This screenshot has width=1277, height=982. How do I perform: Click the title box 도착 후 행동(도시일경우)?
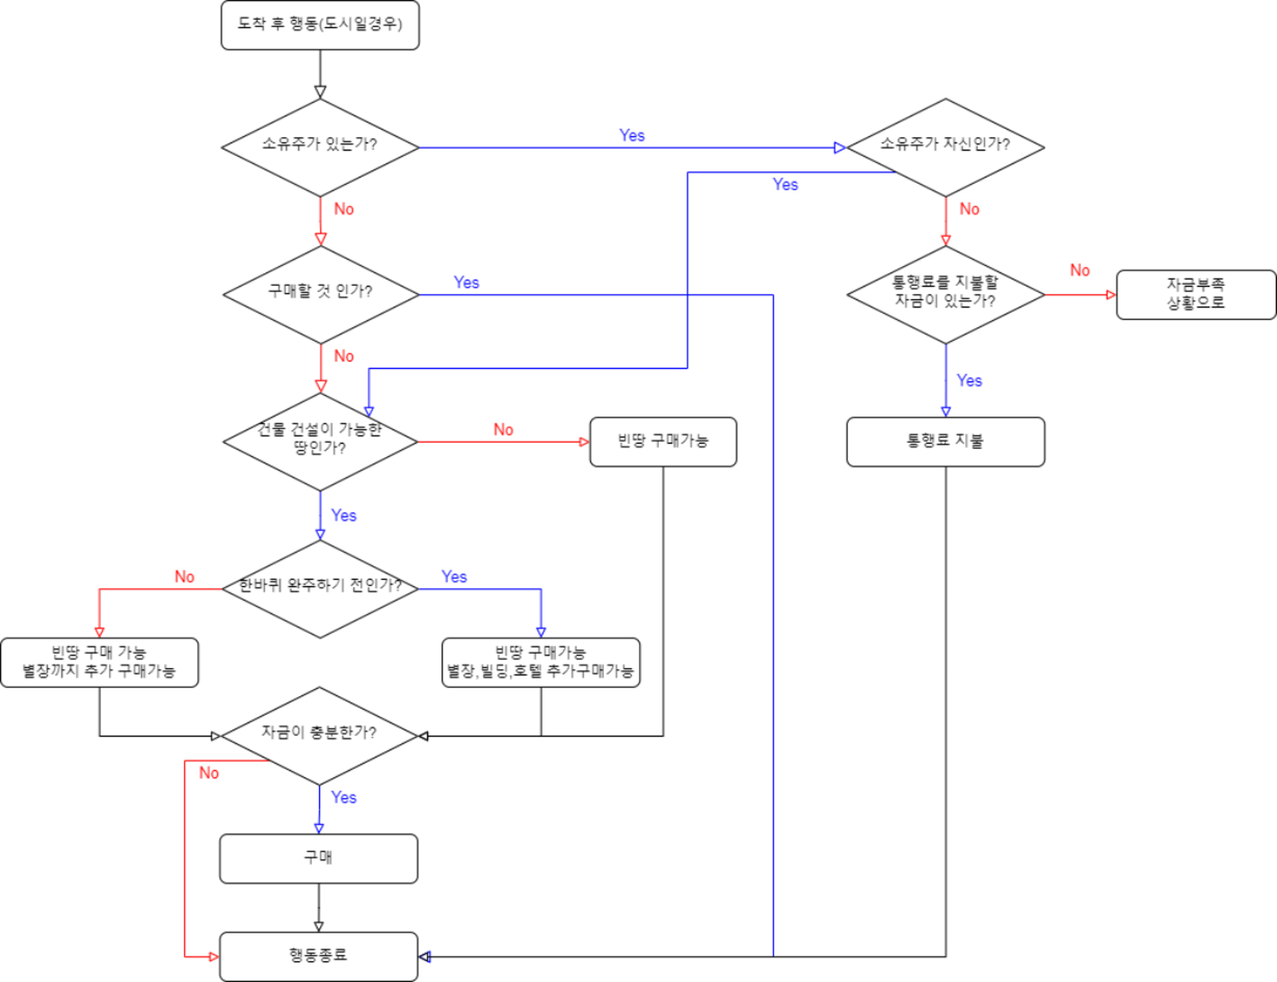tap(320, 25)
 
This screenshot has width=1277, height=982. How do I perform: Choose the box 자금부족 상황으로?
tap(1196, 294)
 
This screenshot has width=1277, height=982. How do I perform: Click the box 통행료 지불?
tap(945, 441)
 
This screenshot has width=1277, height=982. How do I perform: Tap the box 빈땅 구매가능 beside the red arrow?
tap(663, 441)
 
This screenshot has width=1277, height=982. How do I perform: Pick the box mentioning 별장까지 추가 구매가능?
tap(99, 662)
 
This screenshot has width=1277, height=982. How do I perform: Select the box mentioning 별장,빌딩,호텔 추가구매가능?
tap(541, 662)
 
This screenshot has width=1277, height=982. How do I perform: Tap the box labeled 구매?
tap(318, 858)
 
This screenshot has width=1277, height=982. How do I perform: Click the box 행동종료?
tap(318, 956)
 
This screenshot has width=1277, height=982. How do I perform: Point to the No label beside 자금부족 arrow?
tap(1079, 270)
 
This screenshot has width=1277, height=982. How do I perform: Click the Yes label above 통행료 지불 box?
tap(969, 381)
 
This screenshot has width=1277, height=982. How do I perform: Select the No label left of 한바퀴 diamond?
tap(184, 576)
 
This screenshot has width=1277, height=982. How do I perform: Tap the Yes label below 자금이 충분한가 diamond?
tap(344, 797)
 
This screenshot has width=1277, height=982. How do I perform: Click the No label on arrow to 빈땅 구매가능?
tap(503, 429)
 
